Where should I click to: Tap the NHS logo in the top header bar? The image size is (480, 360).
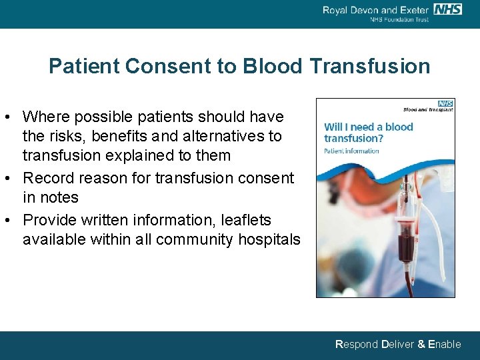pyautogui.click(x=447, y=9)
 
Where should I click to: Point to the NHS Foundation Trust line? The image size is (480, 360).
pyautogui.click(x=399, y=19)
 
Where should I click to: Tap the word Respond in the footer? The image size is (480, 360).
pyautogui.click(x=356, y=344)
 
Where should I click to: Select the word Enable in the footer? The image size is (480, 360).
pyautogui.click(x=444, y=344)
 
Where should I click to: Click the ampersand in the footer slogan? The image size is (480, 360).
pyautogui.click(x=420, y=344)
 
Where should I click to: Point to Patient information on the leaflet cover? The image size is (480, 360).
pyautogui.click(x=351, y=151)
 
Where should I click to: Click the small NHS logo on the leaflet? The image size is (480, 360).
pyautogui.click(x=445, y=103)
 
